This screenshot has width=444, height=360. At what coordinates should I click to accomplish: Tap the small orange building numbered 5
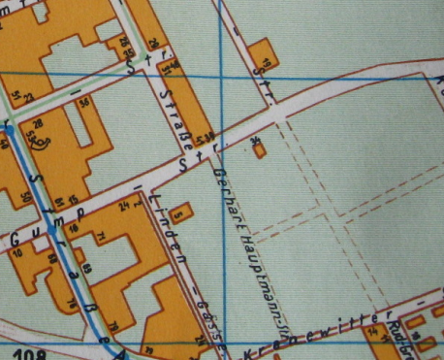click(180, 205)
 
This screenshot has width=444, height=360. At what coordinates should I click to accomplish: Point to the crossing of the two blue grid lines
click(223, 75)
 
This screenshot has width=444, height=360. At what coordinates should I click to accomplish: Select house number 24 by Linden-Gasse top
click(122, 206)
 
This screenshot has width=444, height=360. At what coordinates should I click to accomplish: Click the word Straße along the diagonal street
click(177, 104)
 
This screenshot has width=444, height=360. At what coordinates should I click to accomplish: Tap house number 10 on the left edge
click(18, 252)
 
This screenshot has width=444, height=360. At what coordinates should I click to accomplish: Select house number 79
click(114, 324)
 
